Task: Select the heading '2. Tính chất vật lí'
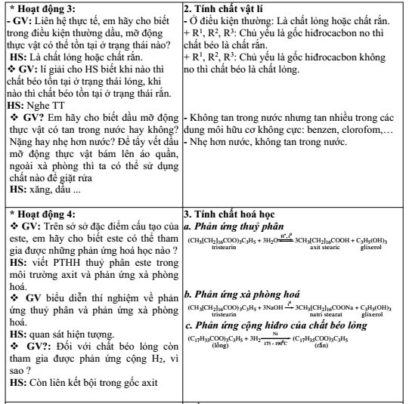pyautogui.click(x=225, y=8)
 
